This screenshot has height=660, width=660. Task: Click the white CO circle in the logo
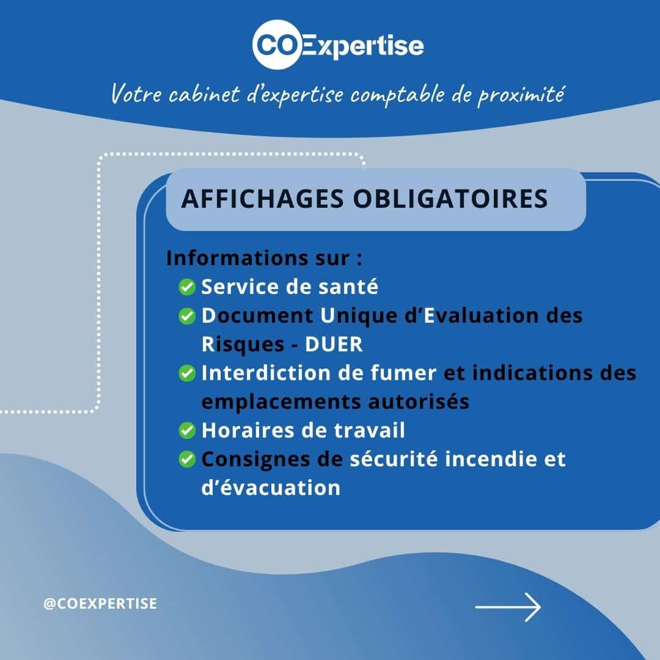pos(277,44)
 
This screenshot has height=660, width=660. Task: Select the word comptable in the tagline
pos(397,94)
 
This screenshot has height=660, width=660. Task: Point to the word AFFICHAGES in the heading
pos(263,199)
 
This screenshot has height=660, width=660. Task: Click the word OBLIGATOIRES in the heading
pos(450,199)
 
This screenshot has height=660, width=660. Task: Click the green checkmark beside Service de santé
pos(187,287)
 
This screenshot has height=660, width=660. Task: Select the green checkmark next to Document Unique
pos(187,316)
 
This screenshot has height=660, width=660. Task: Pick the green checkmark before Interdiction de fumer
pos(187,373)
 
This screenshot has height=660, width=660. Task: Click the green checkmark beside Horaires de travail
pos(187,431)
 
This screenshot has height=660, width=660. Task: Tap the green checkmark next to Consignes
pos(187,459)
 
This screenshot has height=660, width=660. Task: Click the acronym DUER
pos(334,344)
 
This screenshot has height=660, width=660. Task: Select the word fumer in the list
pos(403,373)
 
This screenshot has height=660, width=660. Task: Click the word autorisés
pos(419,402)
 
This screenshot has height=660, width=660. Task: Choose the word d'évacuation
pos(271,488)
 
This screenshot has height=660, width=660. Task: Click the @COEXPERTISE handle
pos(100,604)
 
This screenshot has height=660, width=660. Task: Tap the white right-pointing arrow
pos(508,607)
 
